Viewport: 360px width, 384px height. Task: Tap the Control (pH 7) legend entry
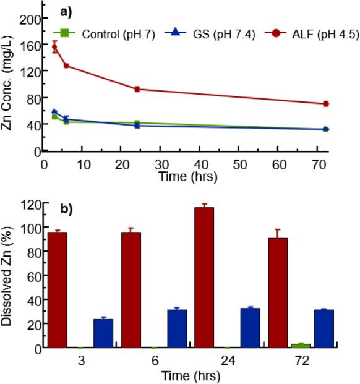(x=102, y=33)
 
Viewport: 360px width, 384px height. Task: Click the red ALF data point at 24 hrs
(x=137, y=89)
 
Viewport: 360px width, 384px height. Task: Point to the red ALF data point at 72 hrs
(x=325, y=103)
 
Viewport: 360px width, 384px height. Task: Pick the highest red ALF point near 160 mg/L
(x=54, y=47)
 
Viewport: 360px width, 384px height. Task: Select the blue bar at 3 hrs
(x=103, y=333)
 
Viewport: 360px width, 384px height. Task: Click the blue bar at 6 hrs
(x=177, y=328)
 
